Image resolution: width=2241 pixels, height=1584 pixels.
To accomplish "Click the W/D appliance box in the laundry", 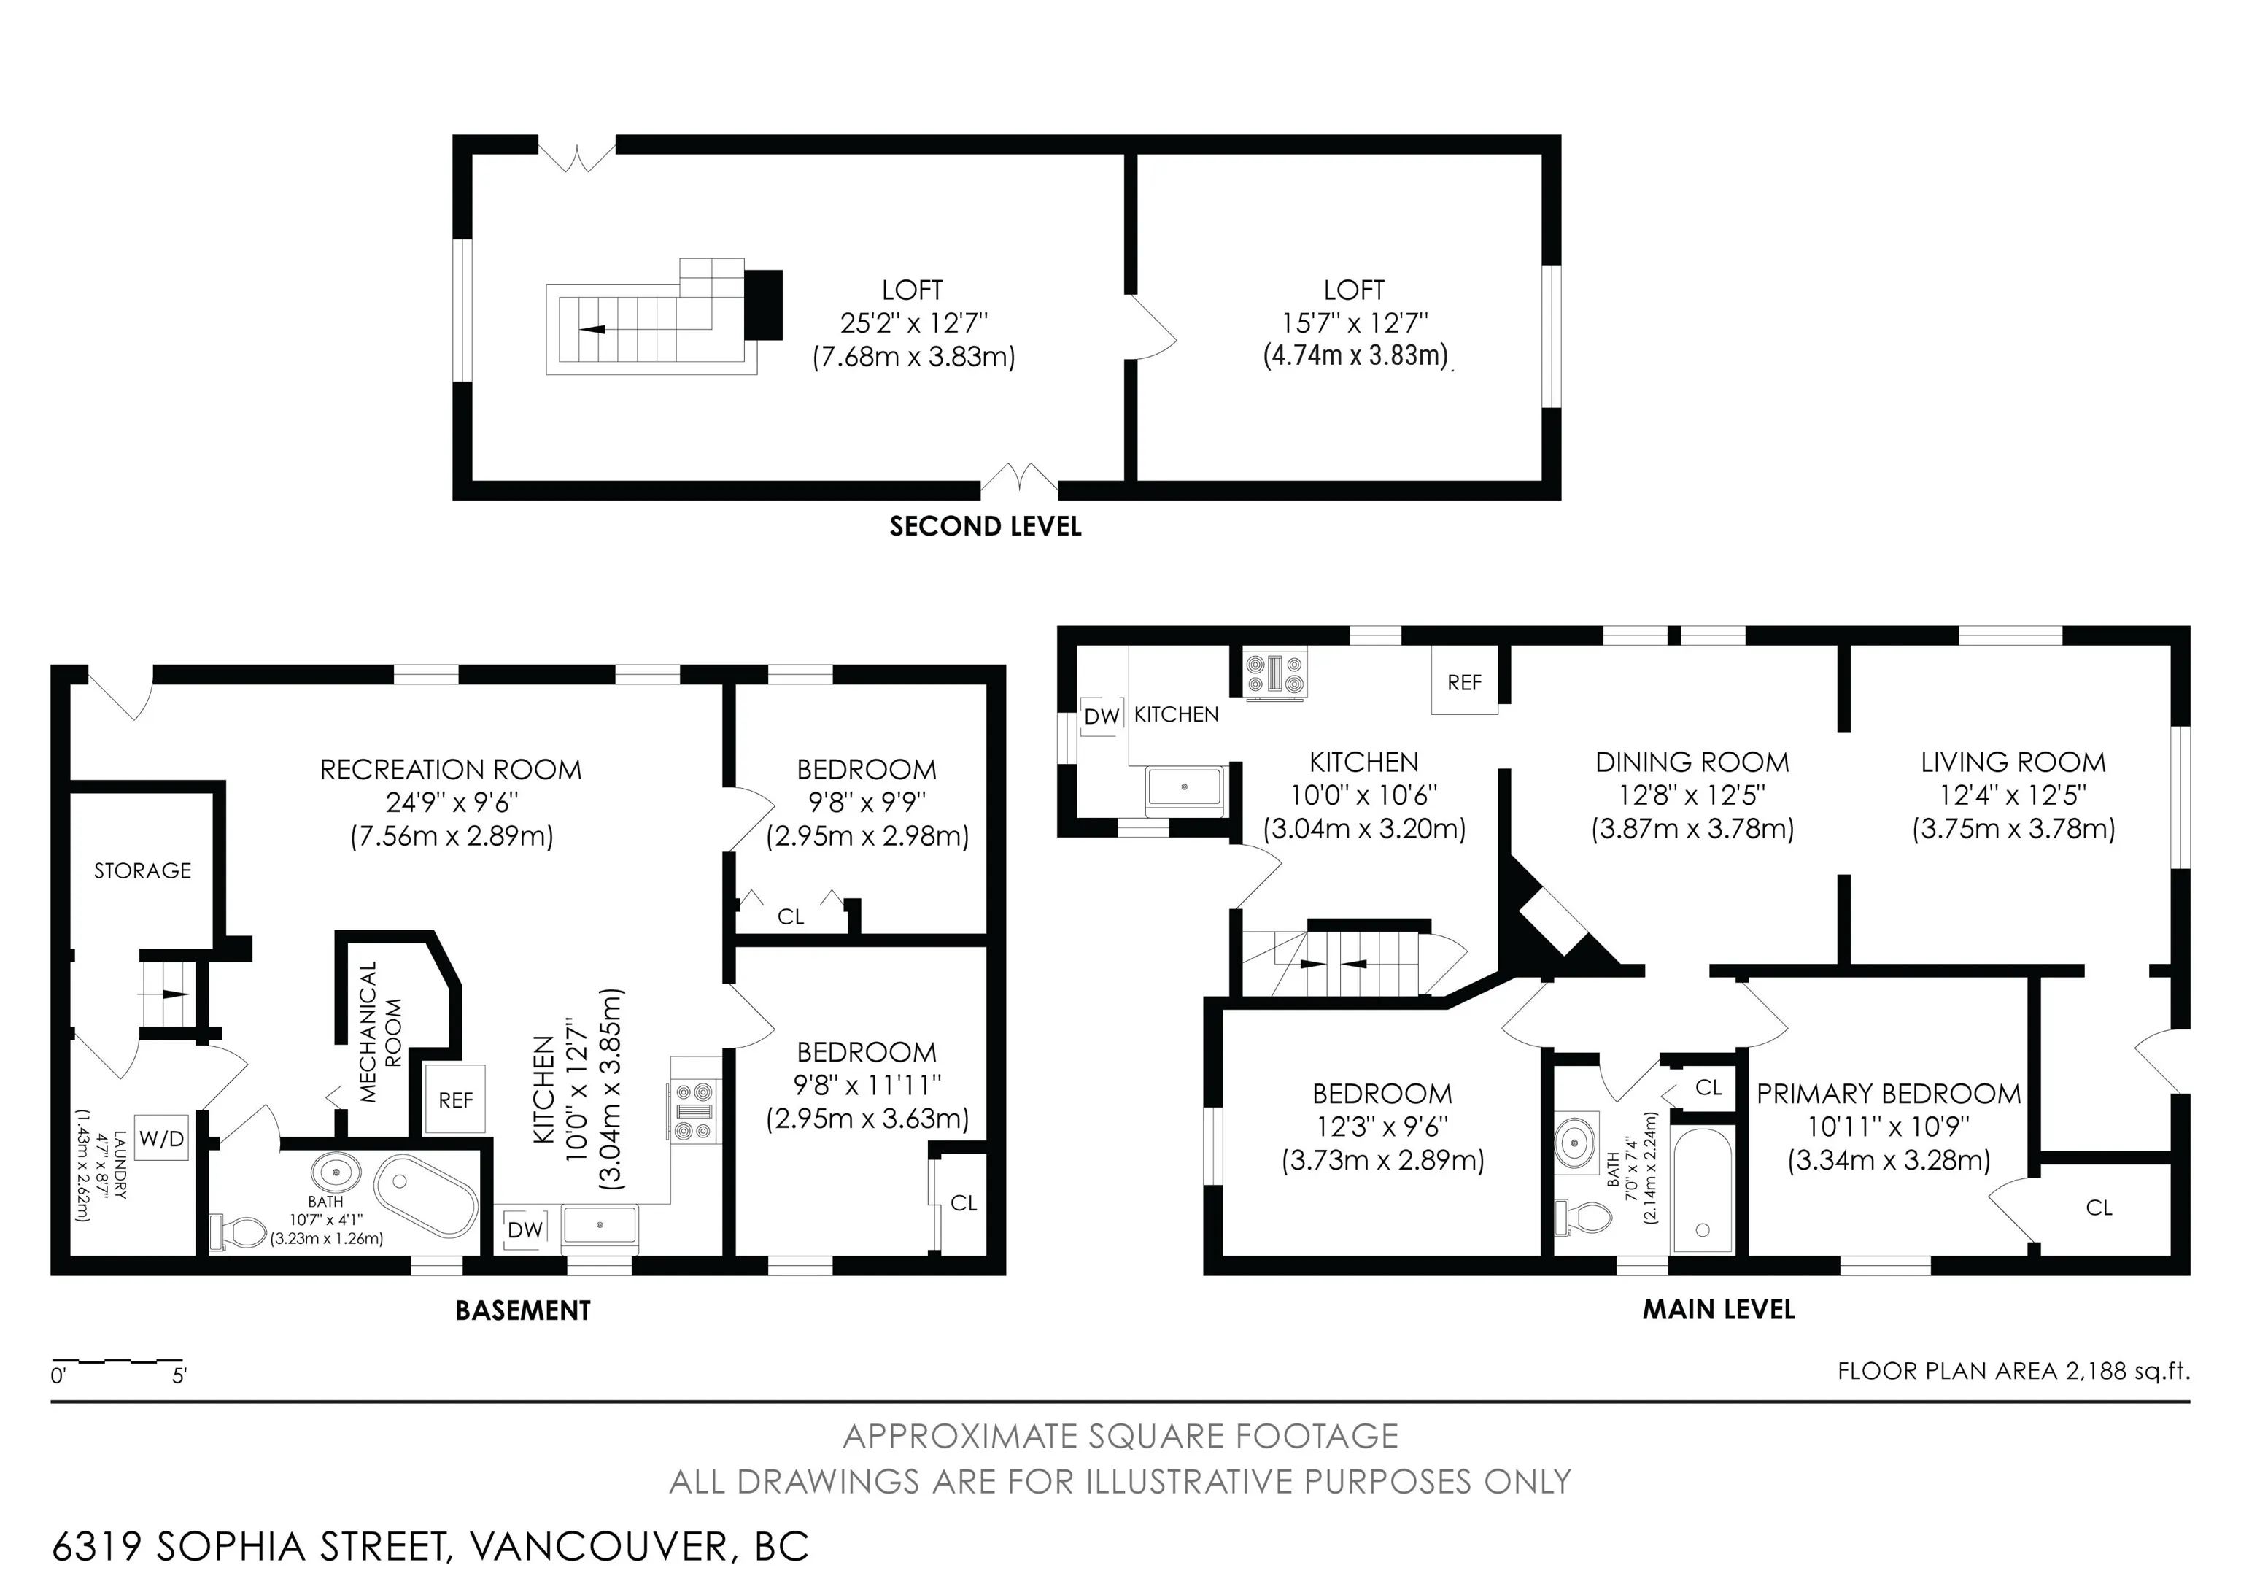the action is tap(161, 1138).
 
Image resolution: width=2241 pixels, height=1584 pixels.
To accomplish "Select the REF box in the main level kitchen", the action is tap(1464, 682).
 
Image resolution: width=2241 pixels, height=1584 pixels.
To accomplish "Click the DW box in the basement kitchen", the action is tap(525, 1229).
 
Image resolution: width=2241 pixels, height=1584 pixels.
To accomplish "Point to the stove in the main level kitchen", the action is tap(1274, 674).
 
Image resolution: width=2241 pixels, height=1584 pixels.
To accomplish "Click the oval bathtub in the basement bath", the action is tap(427, 1196).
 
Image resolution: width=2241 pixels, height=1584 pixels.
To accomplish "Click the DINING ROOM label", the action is tap(1692, 762).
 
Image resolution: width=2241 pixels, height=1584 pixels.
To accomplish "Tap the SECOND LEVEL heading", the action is tap(986, 527).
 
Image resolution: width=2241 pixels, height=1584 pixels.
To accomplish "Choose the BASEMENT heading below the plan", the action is tap(523, 1310).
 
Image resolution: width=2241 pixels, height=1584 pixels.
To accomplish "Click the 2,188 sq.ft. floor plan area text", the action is tap(2128, 1371).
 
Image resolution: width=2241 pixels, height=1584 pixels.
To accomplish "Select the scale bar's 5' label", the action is tap(179, 1377).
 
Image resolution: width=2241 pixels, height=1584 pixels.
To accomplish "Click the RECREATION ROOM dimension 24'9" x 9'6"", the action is tap(452, 803).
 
